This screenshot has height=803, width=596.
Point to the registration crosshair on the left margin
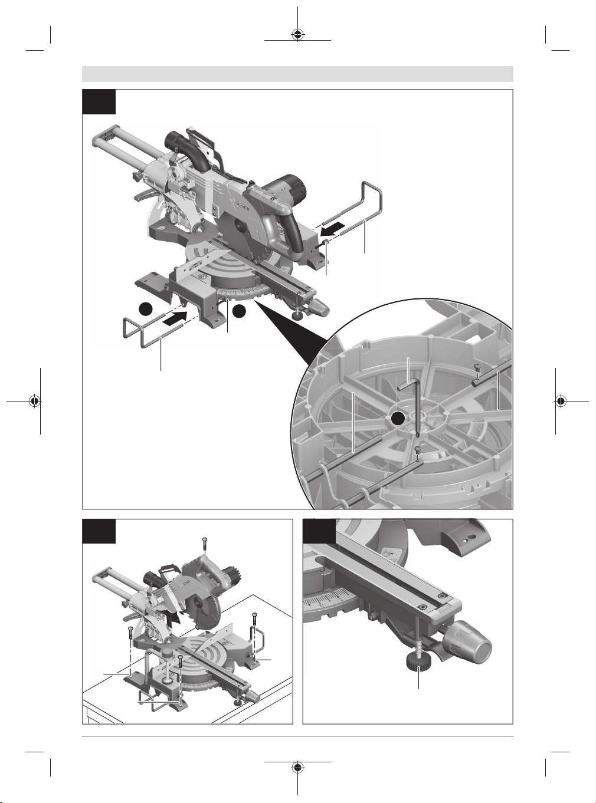tap(35, 401)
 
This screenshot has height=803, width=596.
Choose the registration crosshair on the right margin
tap(561, 401)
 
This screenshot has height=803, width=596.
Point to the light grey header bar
tap(297, 74)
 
